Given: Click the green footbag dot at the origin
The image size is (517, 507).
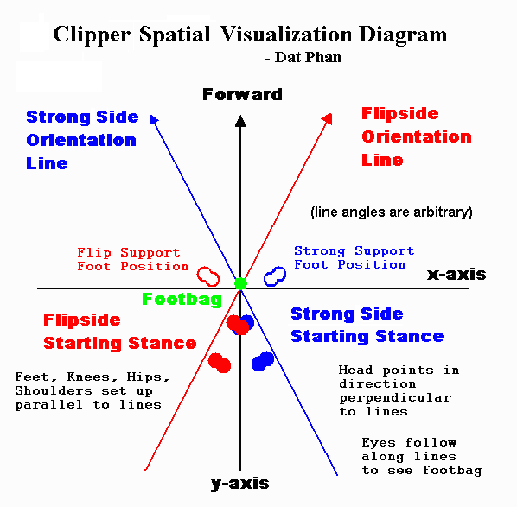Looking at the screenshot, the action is point(240,283).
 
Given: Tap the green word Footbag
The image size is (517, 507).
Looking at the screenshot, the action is point(182,300).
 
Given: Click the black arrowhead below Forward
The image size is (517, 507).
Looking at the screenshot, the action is point(240,121).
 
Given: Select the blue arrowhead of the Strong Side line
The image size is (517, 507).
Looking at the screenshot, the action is point(153,119).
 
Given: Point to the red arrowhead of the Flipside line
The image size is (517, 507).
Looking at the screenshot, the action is point(328,119).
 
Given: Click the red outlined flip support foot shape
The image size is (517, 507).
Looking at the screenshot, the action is point(208,276).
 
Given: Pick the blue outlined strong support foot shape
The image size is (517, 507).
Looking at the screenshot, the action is point(275,276).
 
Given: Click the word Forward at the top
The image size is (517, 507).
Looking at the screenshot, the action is point(242,94).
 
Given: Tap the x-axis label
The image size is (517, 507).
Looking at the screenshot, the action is point(456,275).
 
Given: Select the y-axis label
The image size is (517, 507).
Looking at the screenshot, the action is point(239,484).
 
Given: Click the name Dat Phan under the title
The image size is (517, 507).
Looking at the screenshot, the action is point(308,57).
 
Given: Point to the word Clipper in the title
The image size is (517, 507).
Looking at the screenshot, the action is point(92,35).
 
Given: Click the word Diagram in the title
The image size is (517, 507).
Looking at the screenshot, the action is point(403,35).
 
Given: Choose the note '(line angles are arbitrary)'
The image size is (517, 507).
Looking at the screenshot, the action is point(392,212).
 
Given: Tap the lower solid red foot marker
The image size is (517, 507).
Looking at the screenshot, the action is point(220,363).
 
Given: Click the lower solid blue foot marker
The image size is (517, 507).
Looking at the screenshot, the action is point(263,361).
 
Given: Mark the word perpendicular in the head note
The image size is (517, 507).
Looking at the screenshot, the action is point(395,398).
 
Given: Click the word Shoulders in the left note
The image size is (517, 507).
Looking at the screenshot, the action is point(54,390).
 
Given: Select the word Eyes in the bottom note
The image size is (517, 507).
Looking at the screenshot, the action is point(379,442).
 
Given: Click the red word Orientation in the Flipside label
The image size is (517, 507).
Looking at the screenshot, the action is point(417,136).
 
